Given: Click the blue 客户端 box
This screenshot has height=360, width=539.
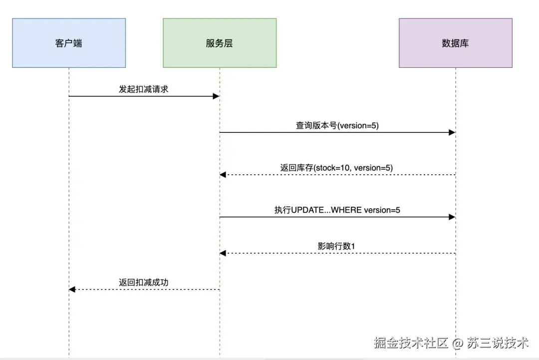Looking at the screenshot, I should tap(69, 43).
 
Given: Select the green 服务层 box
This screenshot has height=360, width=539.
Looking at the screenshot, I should tap(220, 43).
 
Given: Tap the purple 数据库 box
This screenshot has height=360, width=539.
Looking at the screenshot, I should tap(455, 43).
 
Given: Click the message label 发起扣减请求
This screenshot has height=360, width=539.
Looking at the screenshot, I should tap(144, 89).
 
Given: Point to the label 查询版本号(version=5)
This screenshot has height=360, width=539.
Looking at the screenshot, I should tap(337, 125).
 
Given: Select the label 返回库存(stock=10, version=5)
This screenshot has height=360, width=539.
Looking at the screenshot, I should tap(337, 168).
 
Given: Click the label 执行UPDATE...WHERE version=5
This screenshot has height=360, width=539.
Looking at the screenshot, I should tap(337, 210).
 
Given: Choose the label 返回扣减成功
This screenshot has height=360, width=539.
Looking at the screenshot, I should tap(144, 283).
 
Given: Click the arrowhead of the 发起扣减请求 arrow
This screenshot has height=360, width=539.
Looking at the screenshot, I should tap(217, 96).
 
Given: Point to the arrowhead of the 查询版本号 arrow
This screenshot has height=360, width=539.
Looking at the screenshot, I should tap(452, 132).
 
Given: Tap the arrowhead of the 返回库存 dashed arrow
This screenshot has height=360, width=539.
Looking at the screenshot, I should tap(223, 175).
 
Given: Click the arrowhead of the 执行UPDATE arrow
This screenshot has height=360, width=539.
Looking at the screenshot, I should tap(452, 217).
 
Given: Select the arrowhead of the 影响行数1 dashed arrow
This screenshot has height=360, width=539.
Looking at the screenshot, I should tap(223, 254).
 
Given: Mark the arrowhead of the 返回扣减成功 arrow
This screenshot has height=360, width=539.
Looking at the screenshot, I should tap(72, 290).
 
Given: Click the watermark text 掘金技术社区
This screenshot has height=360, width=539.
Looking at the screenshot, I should tap(411, 343).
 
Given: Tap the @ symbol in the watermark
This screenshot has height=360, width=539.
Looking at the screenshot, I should tap(458, 343).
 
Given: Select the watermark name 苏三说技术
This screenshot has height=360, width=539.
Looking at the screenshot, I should tap(498, 343).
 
